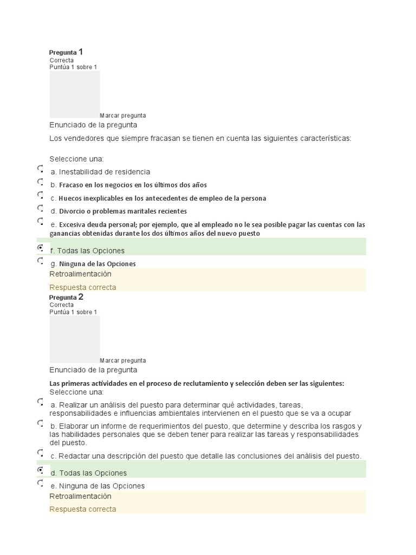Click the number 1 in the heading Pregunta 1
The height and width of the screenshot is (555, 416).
(x=81, y=52)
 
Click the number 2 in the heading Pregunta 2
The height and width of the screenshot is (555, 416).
(x=81, y=297)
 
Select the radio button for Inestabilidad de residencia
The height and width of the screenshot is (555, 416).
(x=41, y=169)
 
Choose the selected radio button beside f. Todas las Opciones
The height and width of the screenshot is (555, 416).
(x=41, y=248)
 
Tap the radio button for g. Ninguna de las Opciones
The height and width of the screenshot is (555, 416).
(x=41, y=261)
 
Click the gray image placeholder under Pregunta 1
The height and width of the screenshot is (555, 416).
(x=75, y=94)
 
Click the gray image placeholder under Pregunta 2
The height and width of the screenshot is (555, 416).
(x=75, y=339)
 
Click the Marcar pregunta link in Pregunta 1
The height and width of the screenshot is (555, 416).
(x=123, y=115)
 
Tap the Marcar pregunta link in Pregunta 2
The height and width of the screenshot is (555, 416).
(x=123, y=360)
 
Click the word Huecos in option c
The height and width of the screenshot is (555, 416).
(x=70, y=198)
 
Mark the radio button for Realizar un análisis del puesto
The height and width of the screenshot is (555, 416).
(x=41, y=402)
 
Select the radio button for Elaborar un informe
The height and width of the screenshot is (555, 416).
(x=41, y=423)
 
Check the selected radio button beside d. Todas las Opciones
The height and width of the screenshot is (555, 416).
(x=41, y=470)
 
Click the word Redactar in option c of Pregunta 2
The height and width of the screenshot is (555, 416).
(x=76, y=456)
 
